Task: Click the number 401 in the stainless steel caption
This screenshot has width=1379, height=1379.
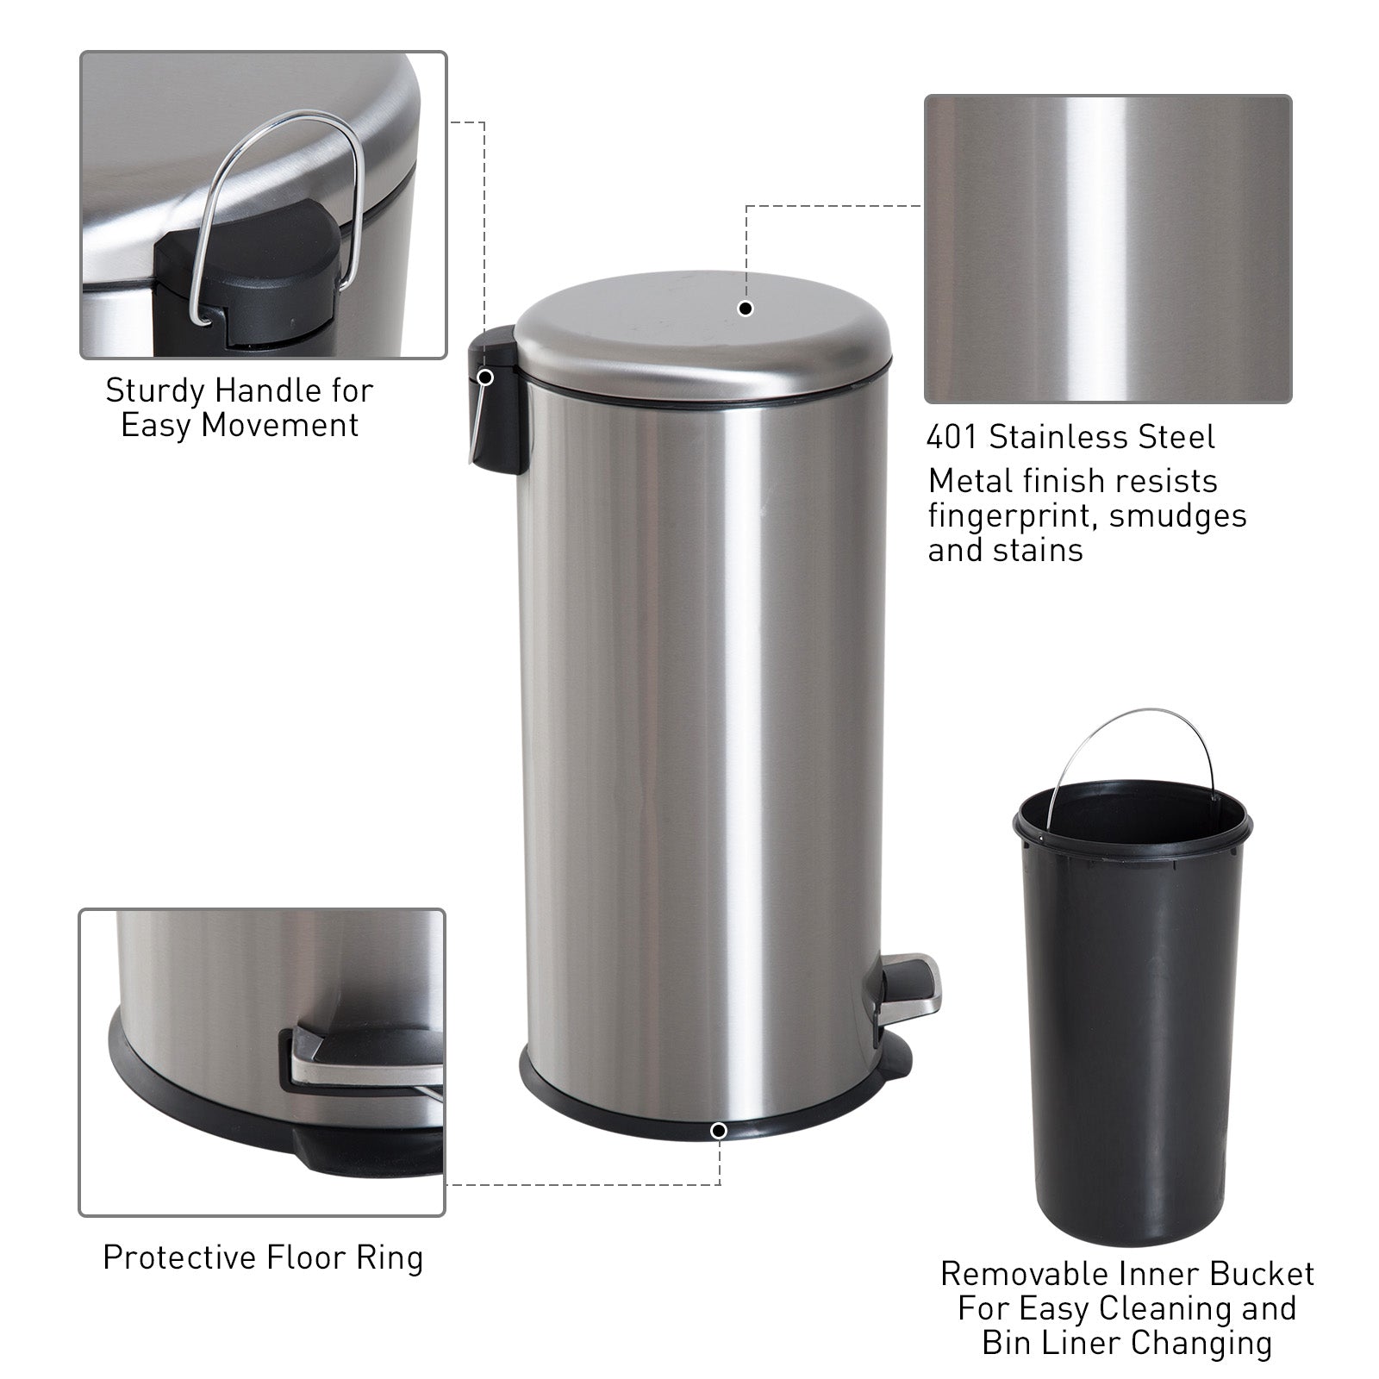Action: click(952, 438)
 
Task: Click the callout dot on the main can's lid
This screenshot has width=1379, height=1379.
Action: click(746, 309)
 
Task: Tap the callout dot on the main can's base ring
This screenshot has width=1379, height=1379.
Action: click(719, 1130)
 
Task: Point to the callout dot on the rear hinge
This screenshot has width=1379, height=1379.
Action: click(485, 377)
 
